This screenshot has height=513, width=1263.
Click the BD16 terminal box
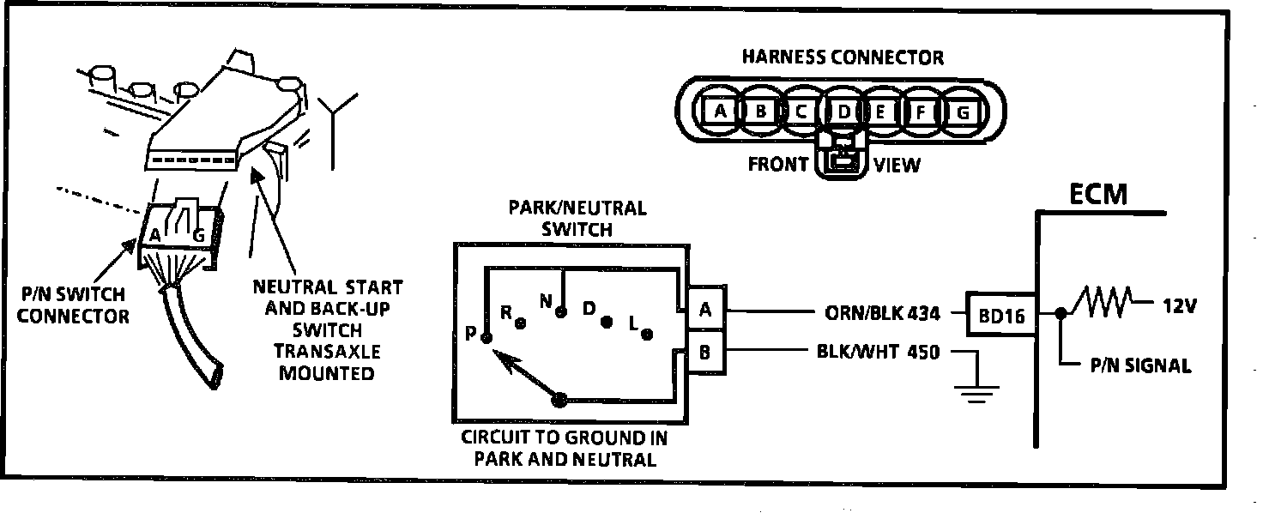(x=1000, y=315)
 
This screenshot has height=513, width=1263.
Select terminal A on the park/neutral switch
(x=705, y=311)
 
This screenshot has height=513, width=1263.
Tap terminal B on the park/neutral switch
(x=705, y=351)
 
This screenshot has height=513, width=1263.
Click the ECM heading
(x=1098, y=195)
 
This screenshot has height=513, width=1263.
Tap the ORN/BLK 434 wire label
(x=880, y=314)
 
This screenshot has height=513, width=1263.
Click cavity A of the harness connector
(x=721, y=111)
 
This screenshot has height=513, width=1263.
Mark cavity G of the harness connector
(x=963, y=111)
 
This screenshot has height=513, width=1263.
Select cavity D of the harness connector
(x=843, y=111)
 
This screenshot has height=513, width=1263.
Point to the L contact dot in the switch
(x=648, y=333)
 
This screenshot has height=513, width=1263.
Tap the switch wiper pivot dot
(x=559, y=399)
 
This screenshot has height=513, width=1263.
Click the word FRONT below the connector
(x=778, y=164)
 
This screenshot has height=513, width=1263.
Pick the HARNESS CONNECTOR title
(x=843, y=57)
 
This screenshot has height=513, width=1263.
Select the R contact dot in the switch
(x=519, y=323)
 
